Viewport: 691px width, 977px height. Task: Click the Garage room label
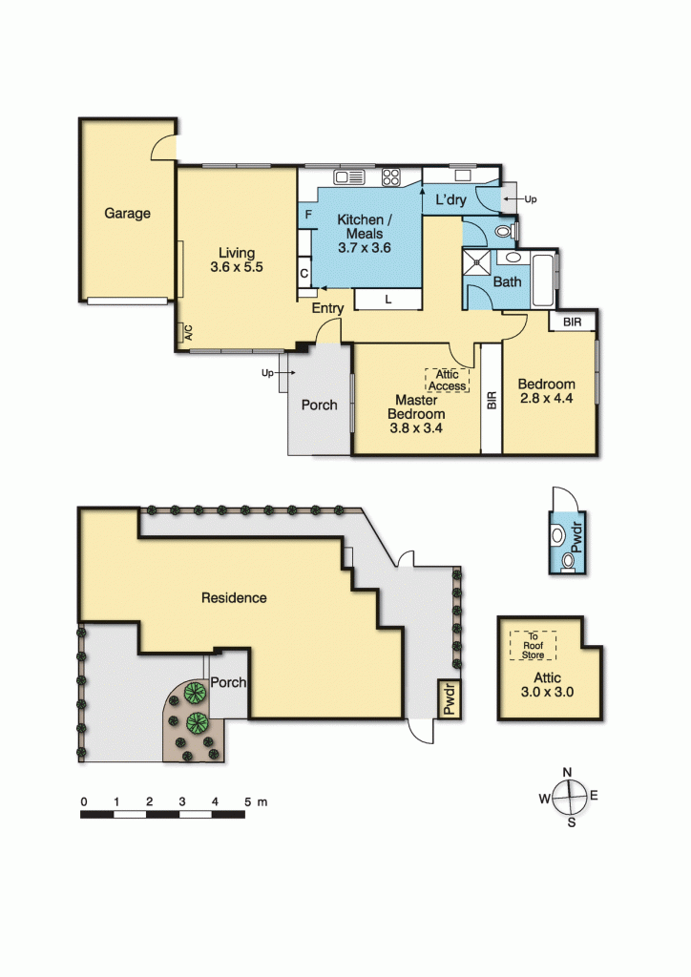pos(127,214)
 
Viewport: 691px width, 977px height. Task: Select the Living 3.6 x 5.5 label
pos(236,260)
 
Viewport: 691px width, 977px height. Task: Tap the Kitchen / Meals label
pos(360,234)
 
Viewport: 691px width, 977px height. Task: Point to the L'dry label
pos(450,200)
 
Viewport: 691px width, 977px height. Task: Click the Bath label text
pos(507,282)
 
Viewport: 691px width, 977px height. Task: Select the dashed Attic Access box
pos(447,380)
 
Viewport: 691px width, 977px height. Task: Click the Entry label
pos(327,307)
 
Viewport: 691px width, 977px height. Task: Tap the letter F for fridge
pos(308,215)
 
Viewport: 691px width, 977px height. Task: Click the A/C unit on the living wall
pos(187,333)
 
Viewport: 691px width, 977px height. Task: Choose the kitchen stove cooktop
pos(390,177)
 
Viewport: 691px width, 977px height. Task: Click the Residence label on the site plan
pos(233,598)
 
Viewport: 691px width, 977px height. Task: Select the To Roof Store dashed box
pos(533,646)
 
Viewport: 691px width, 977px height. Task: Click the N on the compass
pos(567,772)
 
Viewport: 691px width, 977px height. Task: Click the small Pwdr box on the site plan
pos(448,697)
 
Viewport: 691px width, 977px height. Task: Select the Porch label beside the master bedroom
pos(319,405)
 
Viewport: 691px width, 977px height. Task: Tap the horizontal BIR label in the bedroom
pos(572,322)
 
